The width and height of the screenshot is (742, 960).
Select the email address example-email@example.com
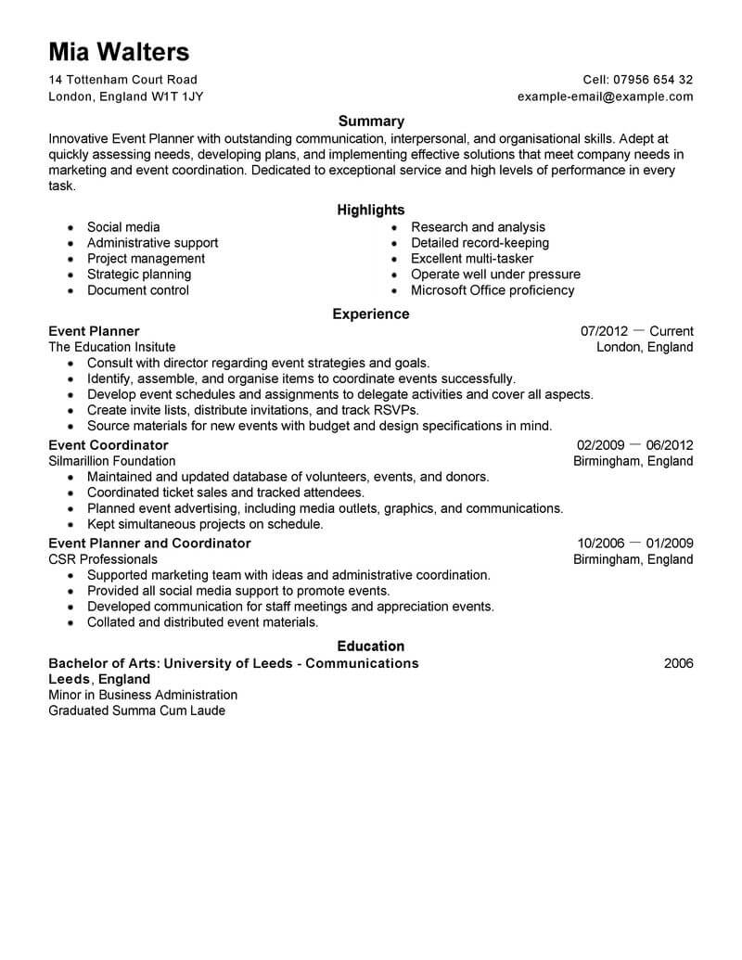(x=605, y=96)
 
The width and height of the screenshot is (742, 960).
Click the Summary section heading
(x=371, y=121)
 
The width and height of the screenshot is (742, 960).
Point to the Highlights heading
(x=371, y=211)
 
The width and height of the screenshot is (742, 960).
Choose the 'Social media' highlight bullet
(x=123, y=227)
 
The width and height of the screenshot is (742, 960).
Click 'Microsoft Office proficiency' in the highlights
(x=493, y=290)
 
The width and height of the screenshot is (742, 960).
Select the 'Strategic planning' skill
(x=139, y=275)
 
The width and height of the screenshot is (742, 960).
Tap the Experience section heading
(x=371, y=314)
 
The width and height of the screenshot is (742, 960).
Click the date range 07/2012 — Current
(x=636, y=331)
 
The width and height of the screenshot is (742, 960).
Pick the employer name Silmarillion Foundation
(x=111, y=461)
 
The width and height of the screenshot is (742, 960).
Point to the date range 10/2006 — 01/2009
(x=634, y=544)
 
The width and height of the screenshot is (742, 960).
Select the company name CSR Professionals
(x=103, y=559)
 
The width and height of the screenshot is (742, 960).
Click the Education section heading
(x=371, y=646)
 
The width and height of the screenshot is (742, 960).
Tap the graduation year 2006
(x=678, y=663)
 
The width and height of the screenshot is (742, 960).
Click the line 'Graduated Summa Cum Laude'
(x=136, y=710)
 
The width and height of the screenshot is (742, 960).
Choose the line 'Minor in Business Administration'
(x=143, y=695)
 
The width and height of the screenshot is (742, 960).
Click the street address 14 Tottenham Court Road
(x=122, y=80)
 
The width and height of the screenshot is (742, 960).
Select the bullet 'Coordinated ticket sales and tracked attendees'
(x=225, y=493)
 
